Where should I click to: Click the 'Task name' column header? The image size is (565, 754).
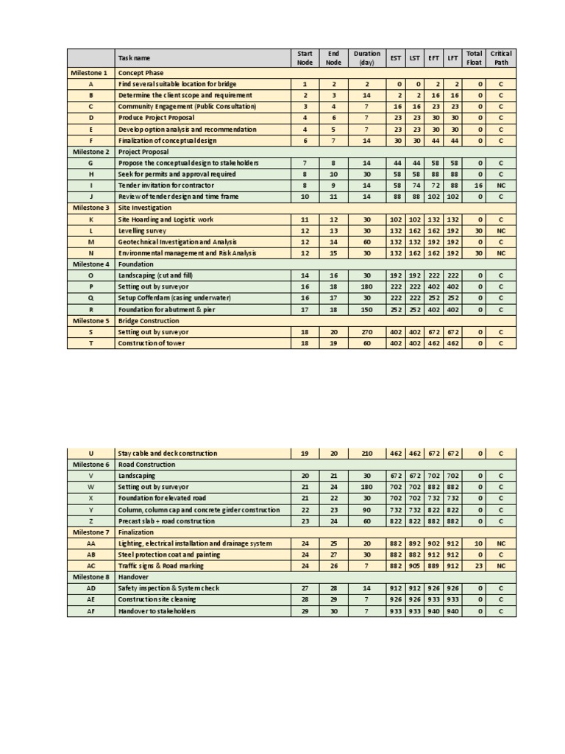pyautogui.click(x=134, y=58)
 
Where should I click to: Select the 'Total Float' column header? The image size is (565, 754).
pyautogui.click(x=474, y=57)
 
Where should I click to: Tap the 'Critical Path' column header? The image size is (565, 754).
pyautogui.click(x=501, y=57)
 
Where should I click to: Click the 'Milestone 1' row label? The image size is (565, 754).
pyautogui.click(x=90, y=73)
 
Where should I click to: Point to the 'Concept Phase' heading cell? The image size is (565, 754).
pyautogui.click(x=141, y=73)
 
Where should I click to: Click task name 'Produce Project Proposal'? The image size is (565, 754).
pyautogui.click(x=156, y=118)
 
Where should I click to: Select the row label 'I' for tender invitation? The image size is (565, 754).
pyautogui.click(x=90, y=186)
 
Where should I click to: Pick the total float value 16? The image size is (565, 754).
pyautogui.click(x=479, y=186)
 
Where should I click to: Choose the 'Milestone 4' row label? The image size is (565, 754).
pyautogui.click(x=90, y=264)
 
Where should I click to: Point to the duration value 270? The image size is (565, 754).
pyautogui.click(x=367, y=332)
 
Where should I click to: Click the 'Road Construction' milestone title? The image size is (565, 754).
pyautogui.click(x=146, y=465)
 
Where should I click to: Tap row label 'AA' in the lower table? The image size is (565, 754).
pyautogui.click(x=90, y=543)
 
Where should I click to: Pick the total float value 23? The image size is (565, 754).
pyautogui.click(x=479, y=566)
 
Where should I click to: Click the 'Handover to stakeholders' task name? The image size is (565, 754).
pyautogui.click(x=157, y=611)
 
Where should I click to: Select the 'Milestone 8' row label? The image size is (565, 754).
pyautogui.click(x=90, y=577)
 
